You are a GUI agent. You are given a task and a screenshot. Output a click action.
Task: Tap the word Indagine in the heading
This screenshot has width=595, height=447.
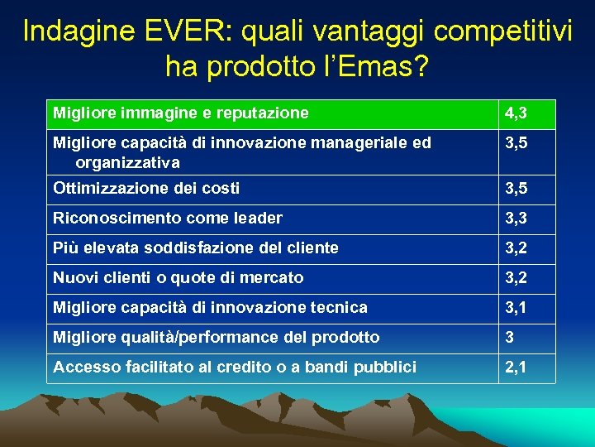[x=70, y=31]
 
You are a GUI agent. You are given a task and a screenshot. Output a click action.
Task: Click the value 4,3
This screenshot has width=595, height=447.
[x=516, y=113]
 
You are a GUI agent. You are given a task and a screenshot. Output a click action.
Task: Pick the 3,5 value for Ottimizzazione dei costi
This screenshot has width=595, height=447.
[x=516, y=189]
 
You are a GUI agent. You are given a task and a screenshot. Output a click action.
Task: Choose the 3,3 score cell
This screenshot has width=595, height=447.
[x=516, y=219]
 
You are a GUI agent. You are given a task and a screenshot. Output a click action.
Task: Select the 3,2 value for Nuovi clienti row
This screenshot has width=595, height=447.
[x=516, y=278]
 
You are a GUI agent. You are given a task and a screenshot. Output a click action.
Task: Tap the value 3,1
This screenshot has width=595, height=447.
[x=516, y=308]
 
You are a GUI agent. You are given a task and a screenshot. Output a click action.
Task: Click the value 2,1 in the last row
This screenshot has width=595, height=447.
[x=516, y=367]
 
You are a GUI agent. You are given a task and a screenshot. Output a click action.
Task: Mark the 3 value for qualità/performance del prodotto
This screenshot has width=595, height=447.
[x=510, y=338]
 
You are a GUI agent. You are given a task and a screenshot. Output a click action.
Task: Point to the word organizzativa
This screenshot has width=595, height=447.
[x=127, y=162]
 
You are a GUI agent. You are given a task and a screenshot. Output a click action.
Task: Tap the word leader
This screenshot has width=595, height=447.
[x=259, y=219]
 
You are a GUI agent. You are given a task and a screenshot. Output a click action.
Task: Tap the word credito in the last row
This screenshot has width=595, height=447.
[x=242, y=367]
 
